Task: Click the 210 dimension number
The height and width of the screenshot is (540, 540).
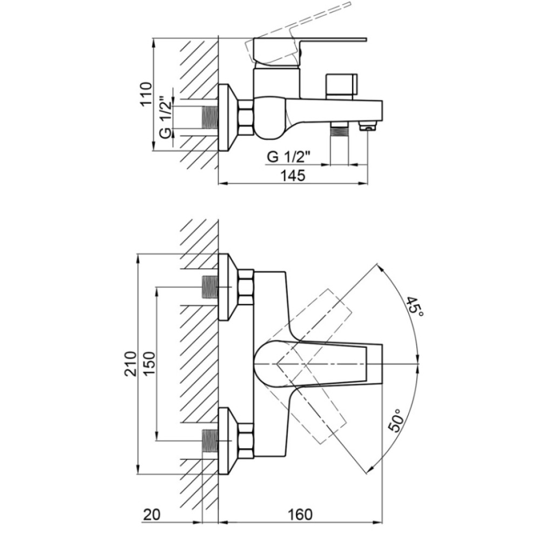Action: [131, 363]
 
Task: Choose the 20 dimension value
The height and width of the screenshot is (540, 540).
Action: [152, 515]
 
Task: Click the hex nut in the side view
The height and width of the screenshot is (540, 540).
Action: [246, 117]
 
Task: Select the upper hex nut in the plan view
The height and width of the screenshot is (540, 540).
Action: [246, 287]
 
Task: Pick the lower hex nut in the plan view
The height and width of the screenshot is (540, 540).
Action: [246, 441]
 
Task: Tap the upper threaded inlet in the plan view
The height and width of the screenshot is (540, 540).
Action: [210, 287]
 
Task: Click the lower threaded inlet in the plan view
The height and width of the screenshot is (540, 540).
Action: [210, 441]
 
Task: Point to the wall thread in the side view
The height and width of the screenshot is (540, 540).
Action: [210, 117]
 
